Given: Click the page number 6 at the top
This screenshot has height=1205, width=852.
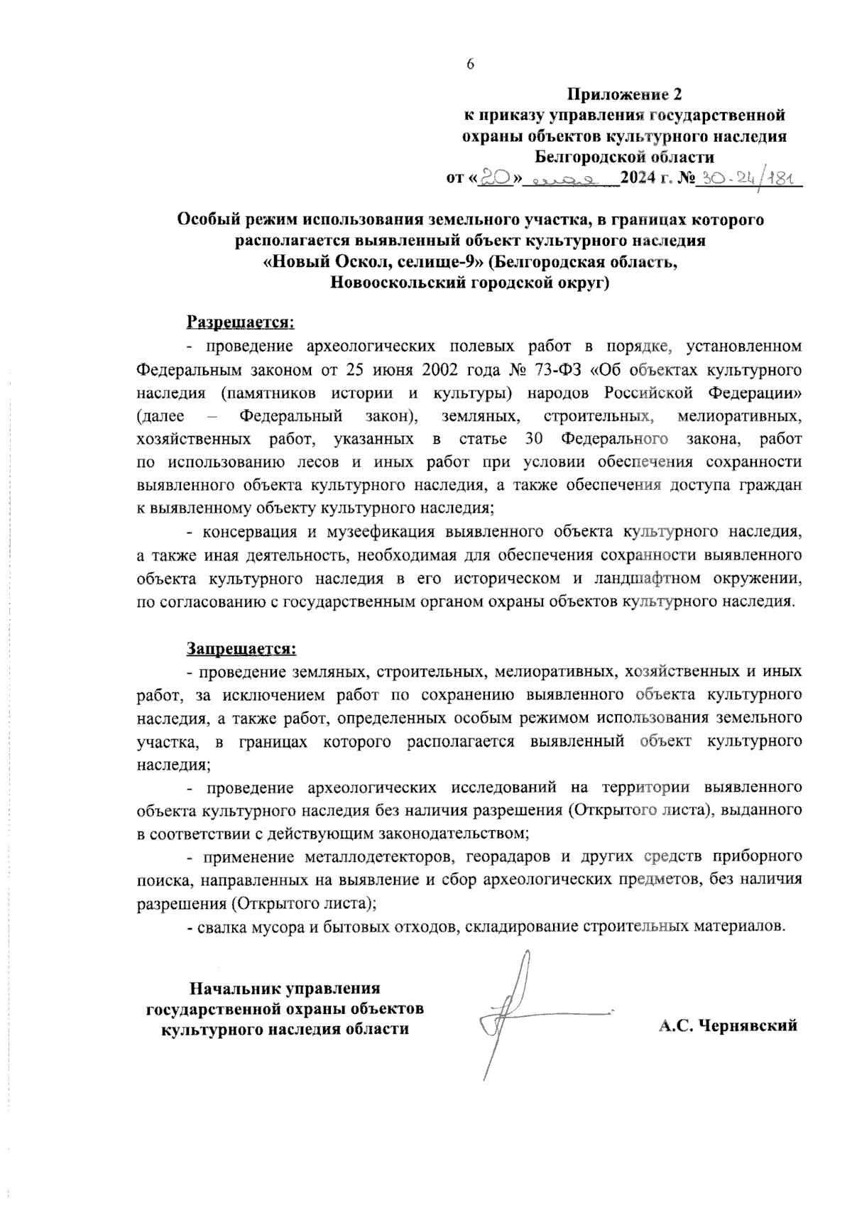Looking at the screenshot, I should pos(469,64).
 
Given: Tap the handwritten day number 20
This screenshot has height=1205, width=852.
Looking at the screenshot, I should pos(494,178).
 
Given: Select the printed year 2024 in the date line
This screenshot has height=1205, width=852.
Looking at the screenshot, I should pos(640,178).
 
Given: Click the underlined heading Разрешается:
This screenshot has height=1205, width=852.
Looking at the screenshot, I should pos(240,322).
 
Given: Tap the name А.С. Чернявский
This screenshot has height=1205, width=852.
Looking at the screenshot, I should pos(727,1025).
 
